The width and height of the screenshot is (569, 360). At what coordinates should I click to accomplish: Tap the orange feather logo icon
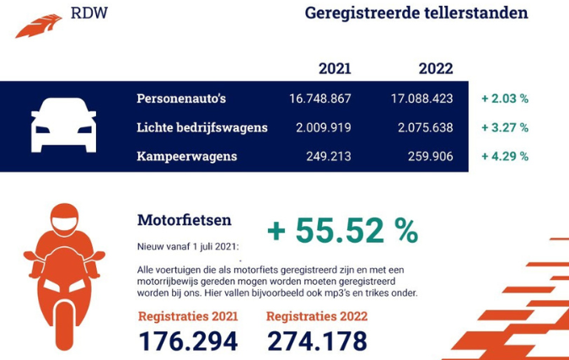click(39, 25)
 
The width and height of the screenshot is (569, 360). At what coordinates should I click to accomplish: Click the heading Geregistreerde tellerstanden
click(416, 13)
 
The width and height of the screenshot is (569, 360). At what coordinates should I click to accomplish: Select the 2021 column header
click(335, 68)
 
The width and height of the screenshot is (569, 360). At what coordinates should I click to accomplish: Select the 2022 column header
click(436, 68)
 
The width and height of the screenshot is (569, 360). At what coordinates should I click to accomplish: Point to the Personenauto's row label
click(181, 99)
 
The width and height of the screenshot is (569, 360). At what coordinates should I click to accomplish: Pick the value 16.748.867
click(319, 99)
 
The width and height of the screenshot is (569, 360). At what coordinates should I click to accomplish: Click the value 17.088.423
click(421, 99)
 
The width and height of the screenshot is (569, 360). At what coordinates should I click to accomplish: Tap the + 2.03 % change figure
click(505, 99)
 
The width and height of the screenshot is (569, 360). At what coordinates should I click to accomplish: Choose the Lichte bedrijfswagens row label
click(202, 127)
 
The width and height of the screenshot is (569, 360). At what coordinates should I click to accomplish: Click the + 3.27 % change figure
click(505, 127)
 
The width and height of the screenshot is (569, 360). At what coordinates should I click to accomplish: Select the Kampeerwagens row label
click(187, 156)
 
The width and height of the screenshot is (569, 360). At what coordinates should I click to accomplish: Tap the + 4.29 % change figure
click(505, 156)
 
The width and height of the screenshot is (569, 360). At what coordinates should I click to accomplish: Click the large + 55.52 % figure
click(342, 230)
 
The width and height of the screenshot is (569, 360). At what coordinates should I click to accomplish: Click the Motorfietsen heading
click(184, 220)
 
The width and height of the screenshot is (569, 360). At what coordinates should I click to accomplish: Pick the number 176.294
click(187, 341)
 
